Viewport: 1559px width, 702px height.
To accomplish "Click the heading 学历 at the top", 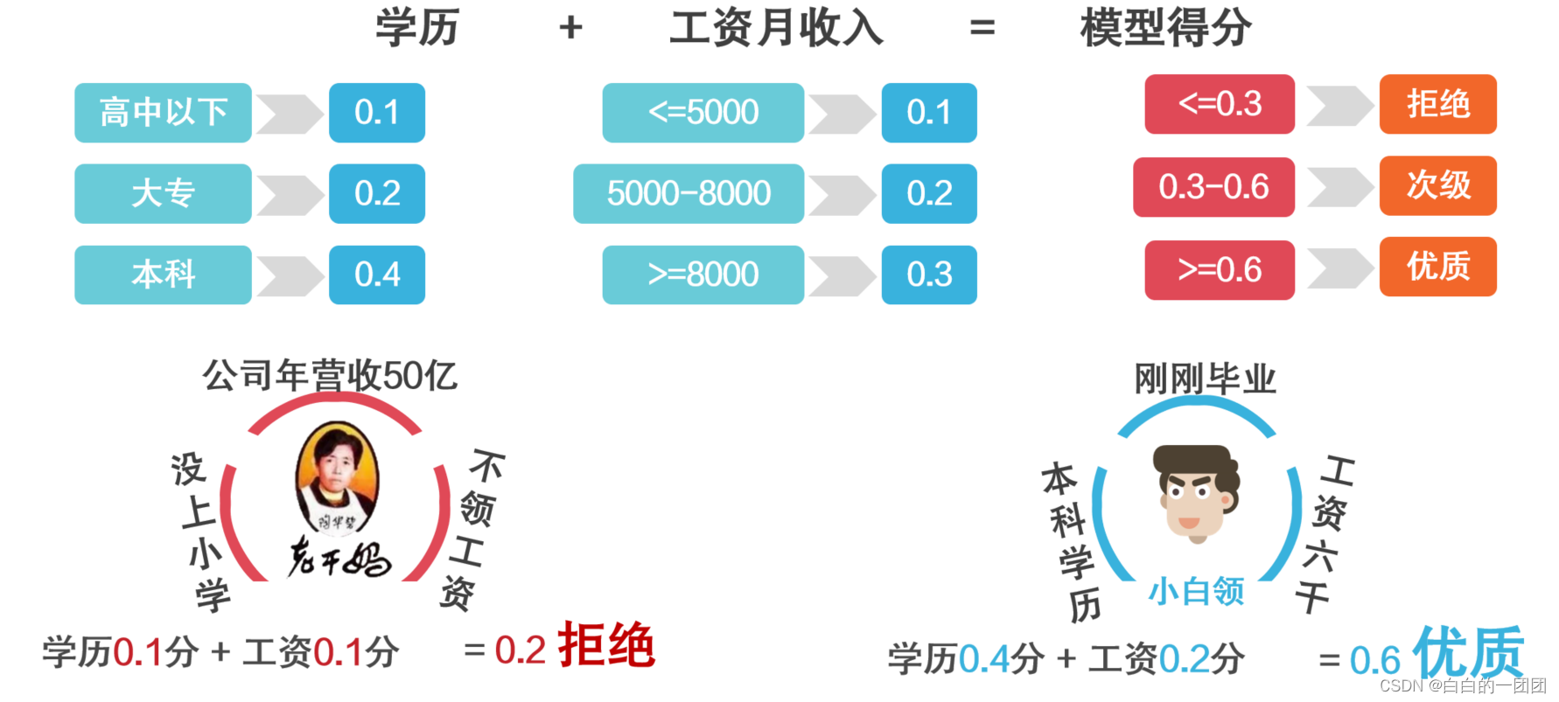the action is coord(417,28).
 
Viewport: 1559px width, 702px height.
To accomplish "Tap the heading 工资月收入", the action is coord(777,28).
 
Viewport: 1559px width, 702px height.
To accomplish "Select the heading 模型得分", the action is coord(1165,28).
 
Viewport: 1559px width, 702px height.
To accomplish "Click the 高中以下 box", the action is coord(163,113).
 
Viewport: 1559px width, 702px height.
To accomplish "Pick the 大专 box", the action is coord(163,193).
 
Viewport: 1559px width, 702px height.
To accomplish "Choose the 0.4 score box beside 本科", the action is coord(377,275).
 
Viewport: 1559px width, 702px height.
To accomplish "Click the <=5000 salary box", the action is coord(703,113).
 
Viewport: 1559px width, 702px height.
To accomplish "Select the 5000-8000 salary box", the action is coord(689,193).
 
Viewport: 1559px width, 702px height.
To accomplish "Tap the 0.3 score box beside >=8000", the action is coord(929,275).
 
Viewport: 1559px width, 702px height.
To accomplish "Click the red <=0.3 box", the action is coord(1220,104).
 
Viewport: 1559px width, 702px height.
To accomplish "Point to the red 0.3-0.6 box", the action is coord(1213,187).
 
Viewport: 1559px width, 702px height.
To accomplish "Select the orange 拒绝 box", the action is coord(1438,104).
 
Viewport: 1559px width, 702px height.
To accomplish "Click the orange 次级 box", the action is coord(1438,185).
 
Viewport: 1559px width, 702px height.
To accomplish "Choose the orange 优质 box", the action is coord(1438,267).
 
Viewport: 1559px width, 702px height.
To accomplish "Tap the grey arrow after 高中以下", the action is coord(290,114).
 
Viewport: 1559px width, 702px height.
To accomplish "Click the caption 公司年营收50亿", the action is coord(330,376).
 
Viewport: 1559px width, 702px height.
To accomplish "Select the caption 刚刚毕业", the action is coord(1205,379).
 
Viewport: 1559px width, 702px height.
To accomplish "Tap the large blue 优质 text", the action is coord(1468,652).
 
